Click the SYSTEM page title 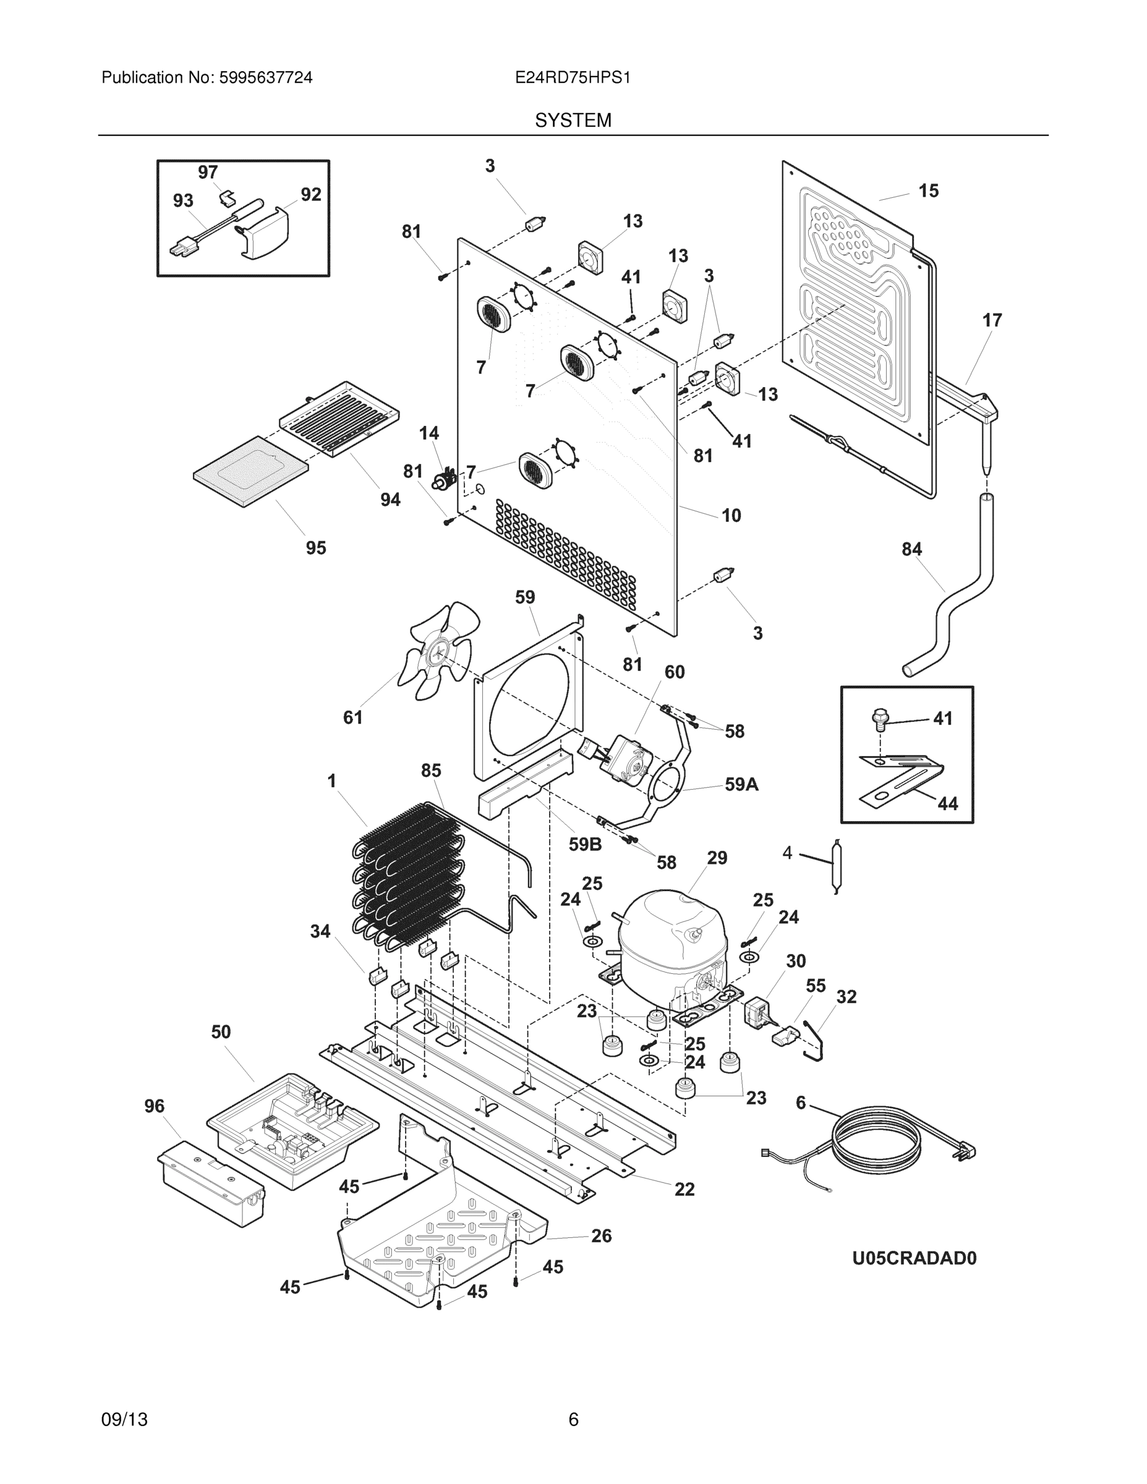pos(573,121)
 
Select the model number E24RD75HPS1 pos(572,78)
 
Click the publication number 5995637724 pos(265,78)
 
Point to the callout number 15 pos(928,191)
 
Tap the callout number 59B pos(585,845)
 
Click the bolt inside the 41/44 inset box pos(879,719)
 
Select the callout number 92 pos(310,195)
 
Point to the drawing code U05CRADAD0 pos(914,1258)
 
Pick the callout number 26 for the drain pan pos(600,1236)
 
